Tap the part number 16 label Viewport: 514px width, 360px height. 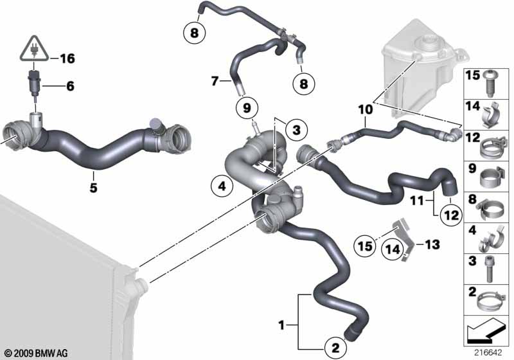pyautogui.click(x=67, y=59)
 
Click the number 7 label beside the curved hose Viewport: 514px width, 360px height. pyautogui.click(x=215, y=81)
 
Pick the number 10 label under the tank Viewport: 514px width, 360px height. pyautogui.click(x=365, y=110)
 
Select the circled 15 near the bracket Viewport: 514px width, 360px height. pyautogui.click(x=365, y=245)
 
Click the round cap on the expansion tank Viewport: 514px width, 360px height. pyautogui.click(x=425, y=45)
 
